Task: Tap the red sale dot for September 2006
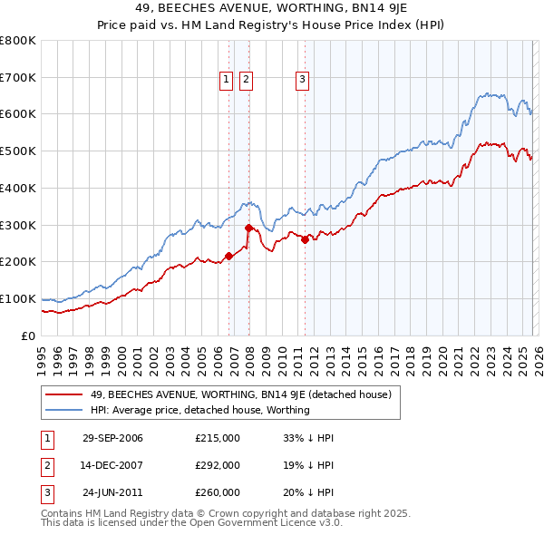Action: (x=229, y=256)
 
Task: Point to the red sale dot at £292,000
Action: (x=248, y=228)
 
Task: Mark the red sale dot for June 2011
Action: (x=306, y=239)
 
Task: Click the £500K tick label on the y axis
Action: (x=18, y=151)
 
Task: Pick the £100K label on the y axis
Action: (x=18, y=298)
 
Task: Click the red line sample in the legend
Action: (x=63, y=394)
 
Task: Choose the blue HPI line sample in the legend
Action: (x=63, y=410)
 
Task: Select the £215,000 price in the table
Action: (x=218, y=438)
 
